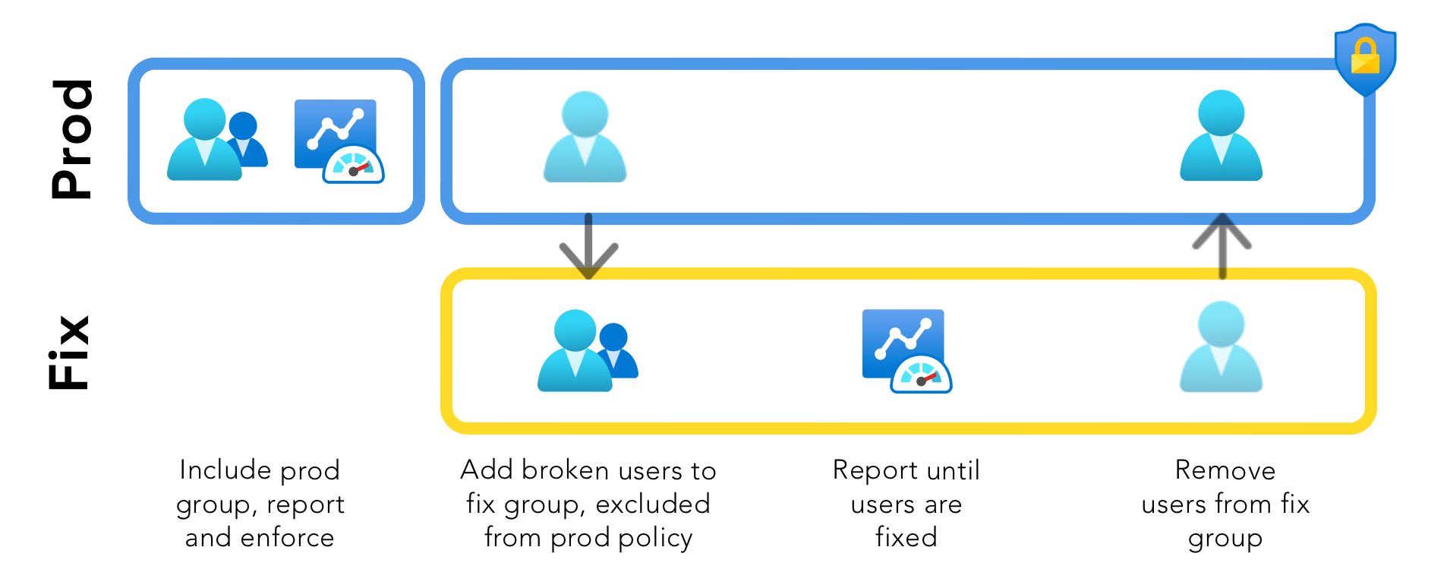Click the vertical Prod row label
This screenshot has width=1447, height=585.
coord(72,140)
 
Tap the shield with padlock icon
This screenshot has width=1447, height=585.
coord(1365,58)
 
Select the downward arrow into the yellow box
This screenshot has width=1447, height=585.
coord(588,247)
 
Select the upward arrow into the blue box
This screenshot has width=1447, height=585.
coord(1222,245)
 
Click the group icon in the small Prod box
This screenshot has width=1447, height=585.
coord(216,140)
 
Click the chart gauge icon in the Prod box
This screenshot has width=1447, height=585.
coord(339,141)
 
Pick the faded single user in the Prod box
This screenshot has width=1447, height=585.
coord(585,138)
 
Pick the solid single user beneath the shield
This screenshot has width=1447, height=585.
coord(1221,136)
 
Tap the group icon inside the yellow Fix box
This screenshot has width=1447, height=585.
coord(587,351)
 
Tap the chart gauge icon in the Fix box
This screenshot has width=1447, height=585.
coord(906,351)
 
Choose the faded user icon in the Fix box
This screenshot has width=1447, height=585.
coord(1221,347)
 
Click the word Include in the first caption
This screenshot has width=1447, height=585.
coord(225,470)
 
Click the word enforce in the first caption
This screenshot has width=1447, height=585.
coord(287,538)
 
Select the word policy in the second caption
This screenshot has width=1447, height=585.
coord(655,539)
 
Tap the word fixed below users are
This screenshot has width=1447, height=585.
coord(906,537)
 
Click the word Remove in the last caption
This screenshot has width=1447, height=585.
coord(1225,470)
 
